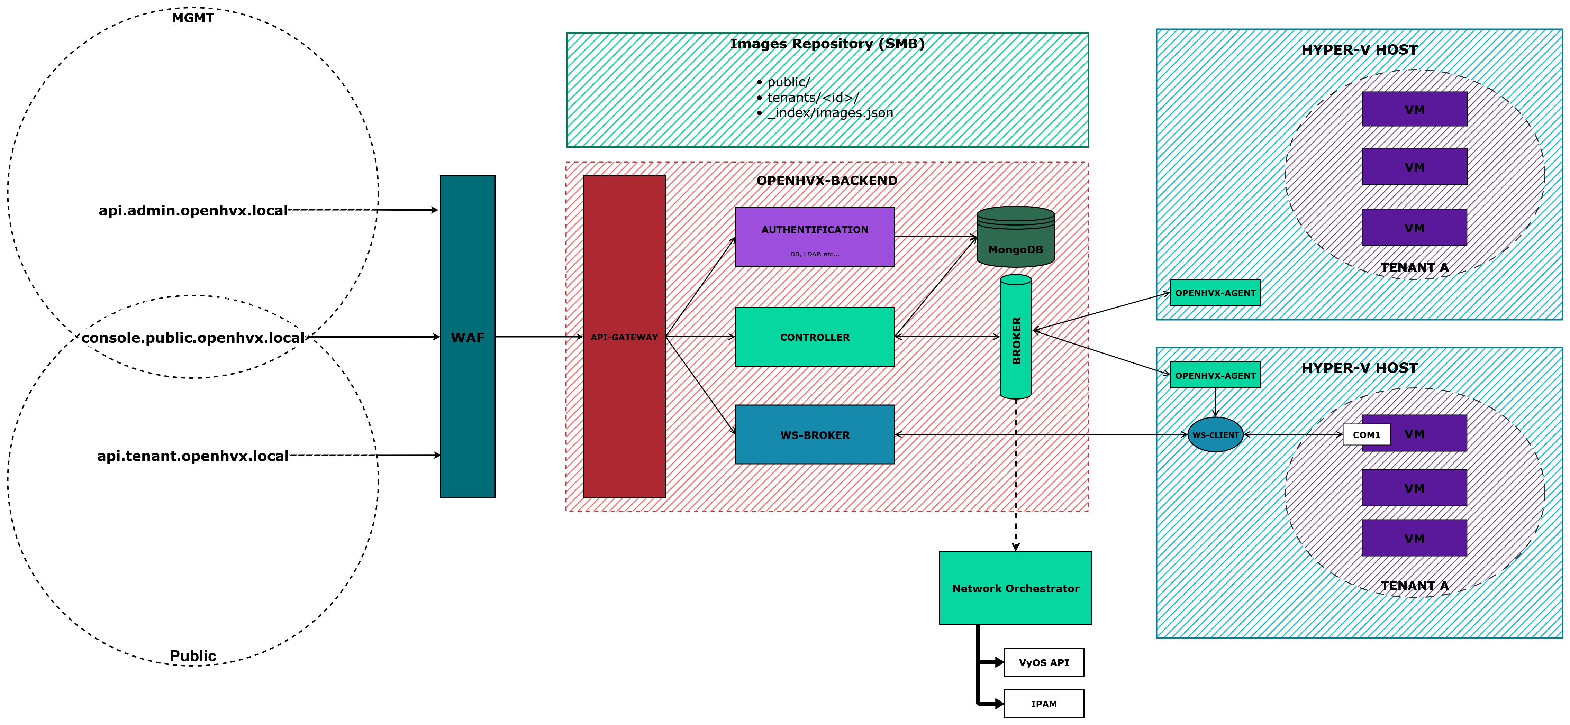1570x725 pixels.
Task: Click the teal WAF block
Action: point(468,337)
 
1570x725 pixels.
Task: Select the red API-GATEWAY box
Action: point(624,337)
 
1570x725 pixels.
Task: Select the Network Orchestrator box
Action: point(1015,588)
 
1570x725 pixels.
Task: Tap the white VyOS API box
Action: point(1043,662)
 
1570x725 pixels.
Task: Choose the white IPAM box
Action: point(1043,704)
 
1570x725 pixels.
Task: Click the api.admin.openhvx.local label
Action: point(193,210)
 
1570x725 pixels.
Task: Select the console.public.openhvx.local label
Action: point(193,338)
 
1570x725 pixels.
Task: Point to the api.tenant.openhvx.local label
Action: point(193,456)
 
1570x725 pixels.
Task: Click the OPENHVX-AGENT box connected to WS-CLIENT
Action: point(1215,375)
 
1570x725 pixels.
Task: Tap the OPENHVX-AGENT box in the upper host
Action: point(1215,292)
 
